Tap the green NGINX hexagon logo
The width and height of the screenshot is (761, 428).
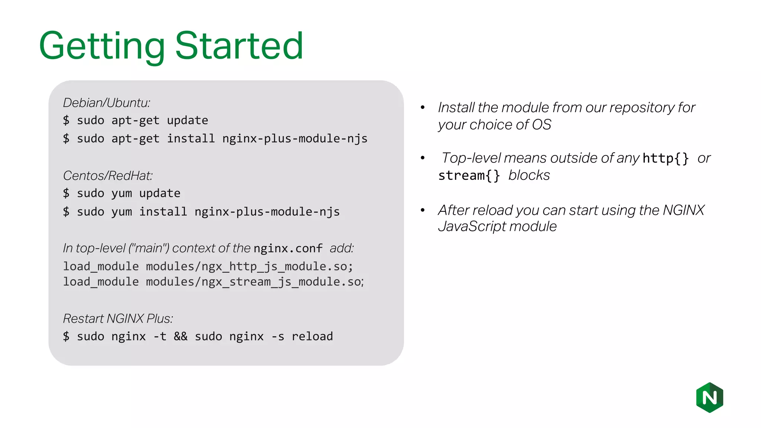coord(709,398)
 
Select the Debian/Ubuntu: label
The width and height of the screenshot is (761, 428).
coord(107,103)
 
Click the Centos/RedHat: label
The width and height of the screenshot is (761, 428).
coord(108,176)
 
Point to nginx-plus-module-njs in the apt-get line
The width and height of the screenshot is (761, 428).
coord(295,139)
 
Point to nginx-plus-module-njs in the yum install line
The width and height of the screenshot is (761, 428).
coord(267,212)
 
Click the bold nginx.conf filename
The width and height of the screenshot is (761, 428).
coord(288,248)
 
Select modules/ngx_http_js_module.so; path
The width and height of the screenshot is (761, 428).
coord(249,266)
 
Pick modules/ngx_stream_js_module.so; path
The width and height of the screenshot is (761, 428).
coord(255,282)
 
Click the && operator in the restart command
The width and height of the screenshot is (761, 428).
coord(181,337)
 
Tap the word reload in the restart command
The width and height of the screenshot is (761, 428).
coord(312,337)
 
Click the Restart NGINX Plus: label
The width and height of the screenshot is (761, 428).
coord(118,319)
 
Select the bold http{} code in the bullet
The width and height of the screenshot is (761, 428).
coord(666,159)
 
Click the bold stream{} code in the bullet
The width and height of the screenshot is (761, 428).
coord(469,175)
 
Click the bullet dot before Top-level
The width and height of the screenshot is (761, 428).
coord(422,158)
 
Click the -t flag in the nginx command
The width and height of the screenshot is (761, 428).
coord(160,337)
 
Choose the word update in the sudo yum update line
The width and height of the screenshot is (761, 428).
coord(160,194)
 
